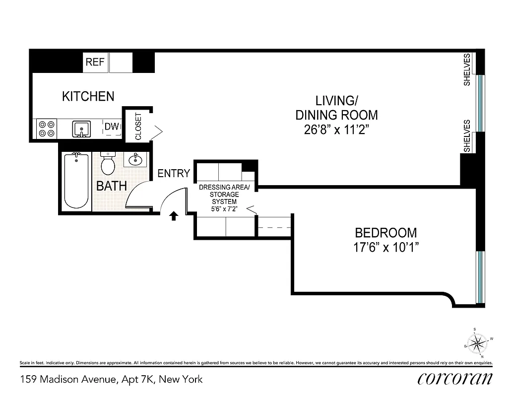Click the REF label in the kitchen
tap(95, 62)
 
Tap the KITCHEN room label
tap(88, 96)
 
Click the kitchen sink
tap(80, 129)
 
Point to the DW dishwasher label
tap(112, 127)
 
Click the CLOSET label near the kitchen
tap(138, 127)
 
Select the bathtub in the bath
tap(76, 181)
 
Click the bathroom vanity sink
tap(134, 160)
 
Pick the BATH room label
tap(111, 187)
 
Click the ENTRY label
tap(174, 173)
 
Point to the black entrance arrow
tap(174, 216)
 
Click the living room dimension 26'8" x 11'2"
tap(336, 131)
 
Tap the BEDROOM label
tap(385, 232)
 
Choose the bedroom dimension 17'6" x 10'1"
tap(385, 247)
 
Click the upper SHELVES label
tap(467, 70)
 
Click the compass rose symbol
tap(479, 342)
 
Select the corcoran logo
tap(455, 378)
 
